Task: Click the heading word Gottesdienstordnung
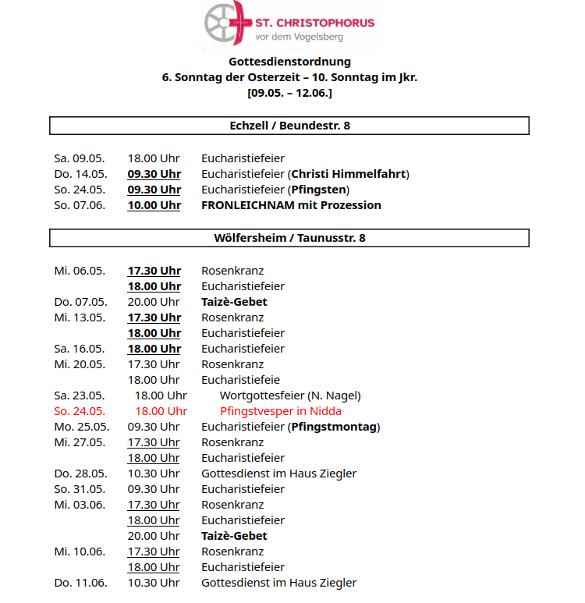289,62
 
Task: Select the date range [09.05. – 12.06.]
289,93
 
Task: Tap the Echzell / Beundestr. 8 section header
289,126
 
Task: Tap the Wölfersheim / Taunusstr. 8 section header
289,238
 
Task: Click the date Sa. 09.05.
80,158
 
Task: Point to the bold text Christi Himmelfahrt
349,174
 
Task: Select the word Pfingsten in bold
318,190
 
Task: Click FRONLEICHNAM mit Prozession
291,205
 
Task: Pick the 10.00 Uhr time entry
154,205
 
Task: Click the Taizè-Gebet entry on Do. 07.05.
234,302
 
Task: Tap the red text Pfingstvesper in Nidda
281,411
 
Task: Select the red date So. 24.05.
80,411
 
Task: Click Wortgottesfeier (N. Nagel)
290,395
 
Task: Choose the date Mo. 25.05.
81,427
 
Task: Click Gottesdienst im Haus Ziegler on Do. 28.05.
278,474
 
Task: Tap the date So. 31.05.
80,489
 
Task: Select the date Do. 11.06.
80,583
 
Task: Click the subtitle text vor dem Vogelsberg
300,37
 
